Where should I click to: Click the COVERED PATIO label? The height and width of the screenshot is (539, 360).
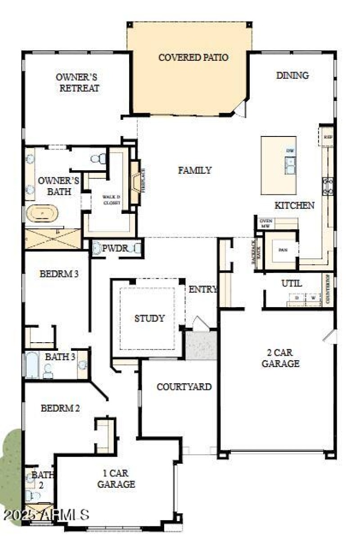pos(193,58)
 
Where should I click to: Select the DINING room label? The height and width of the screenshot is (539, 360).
pos(292,75)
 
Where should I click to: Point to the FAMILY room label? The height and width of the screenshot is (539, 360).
pos(195,170)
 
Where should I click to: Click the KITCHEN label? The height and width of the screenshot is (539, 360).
pos(295,205)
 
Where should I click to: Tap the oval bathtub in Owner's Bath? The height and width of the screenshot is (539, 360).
pos(41,213)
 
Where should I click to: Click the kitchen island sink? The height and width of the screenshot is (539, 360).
pos(291,165)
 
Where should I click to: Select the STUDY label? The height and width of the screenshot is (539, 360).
pos(149,318)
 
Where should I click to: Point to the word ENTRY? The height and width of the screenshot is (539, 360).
pos(203,289)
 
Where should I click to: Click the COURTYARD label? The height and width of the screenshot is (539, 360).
pos(184,386)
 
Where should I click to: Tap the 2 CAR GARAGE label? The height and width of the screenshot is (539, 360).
pos(280,358)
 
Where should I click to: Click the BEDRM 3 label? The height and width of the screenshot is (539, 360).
pos(59,273)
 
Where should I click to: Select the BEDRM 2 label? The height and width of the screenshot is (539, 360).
pos(60,408)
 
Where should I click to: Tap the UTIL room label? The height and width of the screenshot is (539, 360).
pos(291,284)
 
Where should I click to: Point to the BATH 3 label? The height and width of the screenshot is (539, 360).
pos(60,357)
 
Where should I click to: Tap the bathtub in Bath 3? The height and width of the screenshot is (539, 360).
pos(32,365)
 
